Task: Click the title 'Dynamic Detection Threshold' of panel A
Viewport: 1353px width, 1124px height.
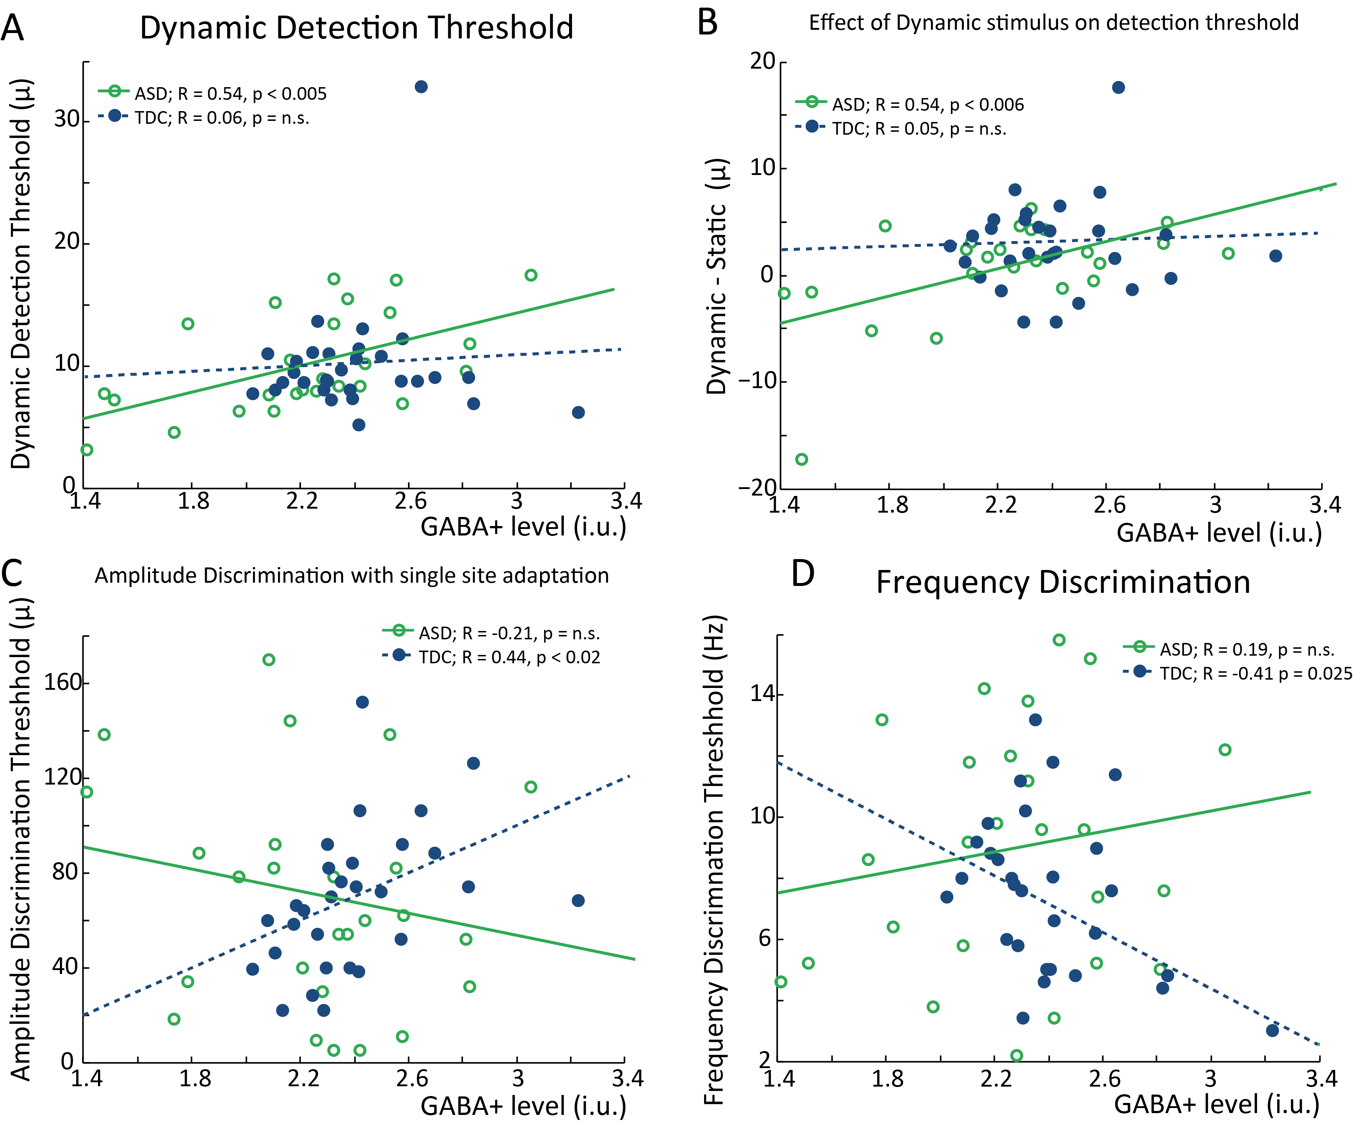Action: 356,28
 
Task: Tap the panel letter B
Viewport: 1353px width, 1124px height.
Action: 707,23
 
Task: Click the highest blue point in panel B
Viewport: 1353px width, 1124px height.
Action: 1119,87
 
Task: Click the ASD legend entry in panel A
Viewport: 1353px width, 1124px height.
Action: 213,94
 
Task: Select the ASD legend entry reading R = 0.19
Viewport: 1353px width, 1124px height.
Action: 1237,649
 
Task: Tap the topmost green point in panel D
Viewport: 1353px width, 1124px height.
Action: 1059,640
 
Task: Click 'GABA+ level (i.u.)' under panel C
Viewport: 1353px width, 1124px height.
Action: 523,1106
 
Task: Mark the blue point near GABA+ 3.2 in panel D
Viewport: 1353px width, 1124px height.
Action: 1272,1031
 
